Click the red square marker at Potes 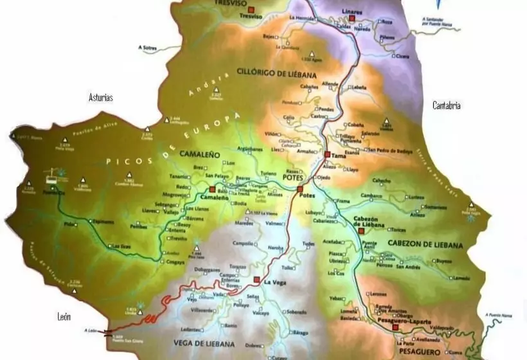point(300,188)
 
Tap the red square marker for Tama point(327,154)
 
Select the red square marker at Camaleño point(211,190)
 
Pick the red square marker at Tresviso point(252,9)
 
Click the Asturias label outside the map point(101,98)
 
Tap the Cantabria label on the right point(446,105)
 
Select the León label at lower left point(64,316)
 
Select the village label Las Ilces point(121,246)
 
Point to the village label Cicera point(402,57)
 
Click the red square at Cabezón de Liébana point(361,230)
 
